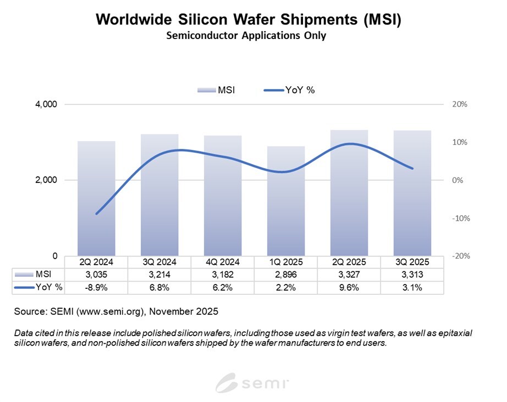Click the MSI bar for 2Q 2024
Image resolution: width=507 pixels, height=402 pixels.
[x=96, y=198]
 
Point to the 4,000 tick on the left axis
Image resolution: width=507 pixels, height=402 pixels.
[x=46, y=104]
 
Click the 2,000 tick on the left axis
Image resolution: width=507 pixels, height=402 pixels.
[x=46, y=180]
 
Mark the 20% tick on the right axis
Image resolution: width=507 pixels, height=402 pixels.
[x=459, y=104]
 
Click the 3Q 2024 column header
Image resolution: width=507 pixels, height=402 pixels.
[x=159, y=262]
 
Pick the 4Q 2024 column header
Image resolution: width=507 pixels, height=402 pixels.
[x=222, y=262]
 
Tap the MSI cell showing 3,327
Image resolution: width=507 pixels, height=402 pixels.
[x=349, y=275]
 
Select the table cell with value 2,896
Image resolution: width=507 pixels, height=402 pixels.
[x=285, y=275]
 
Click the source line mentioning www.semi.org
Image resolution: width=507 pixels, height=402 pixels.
[x=117, y=311]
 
